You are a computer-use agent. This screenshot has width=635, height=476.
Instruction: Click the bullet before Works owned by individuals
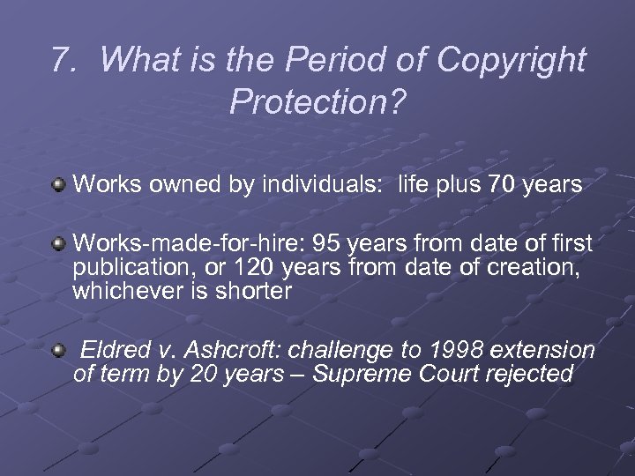pyautogui.click(x=58, y=184)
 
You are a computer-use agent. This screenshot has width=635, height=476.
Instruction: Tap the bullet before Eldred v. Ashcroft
pyautogui.click(x=58, y=351)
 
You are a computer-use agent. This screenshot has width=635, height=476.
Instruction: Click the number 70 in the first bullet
pyautogui.click(x=497, y=184)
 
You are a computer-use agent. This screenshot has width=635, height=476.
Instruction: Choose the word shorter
pyautogui.click(x=258, y=291)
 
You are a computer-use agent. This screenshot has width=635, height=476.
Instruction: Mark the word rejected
pyautogui.click(x=529, y=374)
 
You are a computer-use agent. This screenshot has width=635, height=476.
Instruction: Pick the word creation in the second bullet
pyautogui.click(x=539, y=267)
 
